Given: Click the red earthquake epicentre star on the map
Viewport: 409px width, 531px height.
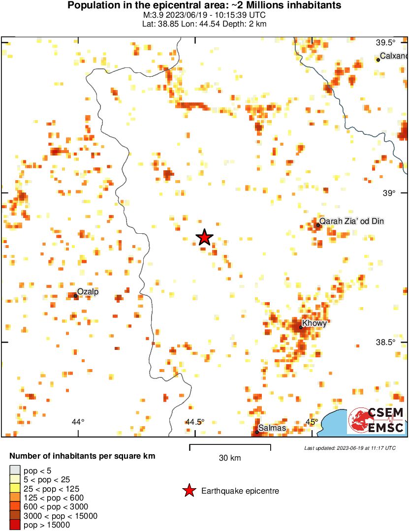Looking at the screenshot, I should pyautogui.click(x=205, y=237).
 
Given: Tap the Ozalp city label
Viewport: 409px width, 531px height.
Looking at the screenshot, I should pyautogui.click(x=88, y=292).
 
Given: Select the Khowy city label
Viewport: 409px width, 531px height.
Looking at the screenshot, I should pyautogui.click(x=314, y=323).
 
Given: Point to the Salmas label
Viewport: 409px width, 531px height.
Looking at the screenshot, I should pyautogui.click(x=272, y=428).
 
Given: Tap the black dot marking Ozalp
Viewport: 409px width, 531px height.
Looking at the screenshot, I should pyautogui.click(x=76, y=296).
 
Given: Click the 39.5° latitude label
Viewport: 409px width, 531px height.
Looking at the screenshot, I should pyautogui.click(x=385, y=43).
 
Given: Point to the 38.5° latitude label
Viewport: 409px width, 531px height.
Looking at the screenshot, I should pyautogui.click(x=385, y=342).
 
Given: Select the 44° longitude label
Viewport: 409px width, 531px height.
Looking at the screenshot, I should pyautogui.click(x=78, y=422).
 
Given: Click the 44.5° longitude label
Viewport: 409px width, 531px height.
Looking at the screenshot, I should pyautogui.click(x=195, y=422).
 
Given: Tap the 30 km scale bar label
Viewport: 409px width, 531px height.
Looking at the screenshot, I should pyautogui.click(x=230, y=458).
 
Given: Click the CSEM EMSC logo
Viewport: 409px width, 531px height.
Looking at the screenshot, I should pyautogui.click(x=377, y=421).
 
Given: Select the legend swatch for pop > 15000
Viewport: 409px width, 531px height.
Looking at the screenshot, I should pyautogui.click(x=15, y=525).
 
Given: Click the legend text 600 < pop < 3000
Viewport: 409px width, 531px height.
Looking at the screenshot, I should pyautogui.click(x=56, y=507).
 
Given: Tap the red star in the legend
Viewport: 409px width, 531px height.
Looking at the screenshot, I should pyautogui.click(x=189, y=491).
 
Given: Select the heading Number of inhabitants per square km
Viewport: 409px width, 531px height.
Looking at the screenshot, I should pyautogui.click(x=82, y=456).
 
